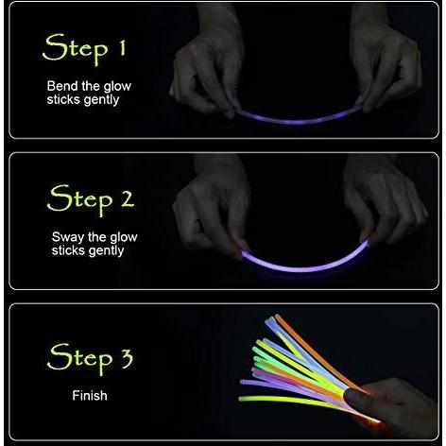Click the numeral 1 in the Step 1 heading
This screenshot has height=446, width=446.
[x=122, y=48]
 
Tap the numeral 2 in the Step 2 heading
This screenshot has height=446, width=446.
[x=128, y=199]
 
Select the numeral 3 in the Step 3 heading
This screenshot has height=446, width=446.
[x=127, y=358]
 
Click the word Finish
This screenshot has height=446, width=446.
[x=90, y=396]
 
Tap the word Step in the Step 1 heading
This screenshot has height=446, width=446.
[x=75, y=49]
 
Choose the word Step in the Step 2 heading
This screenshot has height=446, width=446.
[x=79, y=199]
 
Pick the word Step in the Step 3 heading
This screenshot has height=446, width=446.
[x=79, y=359]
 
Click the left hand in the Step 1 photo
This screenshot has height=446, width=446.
[x=208, y=66]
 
